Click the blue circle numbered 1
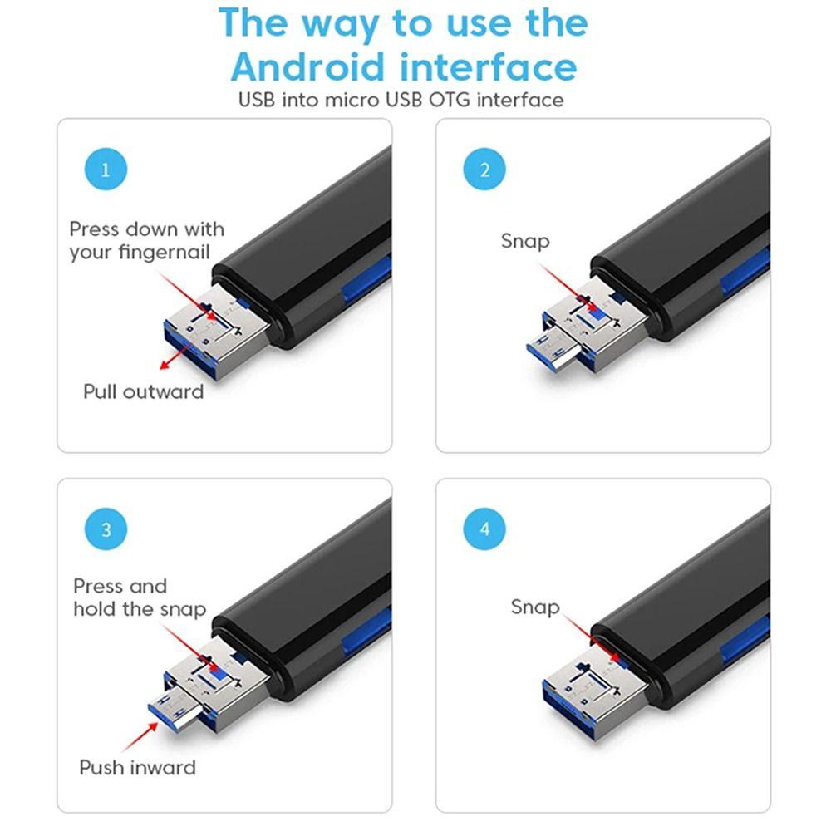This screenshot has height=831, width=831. (106, 170)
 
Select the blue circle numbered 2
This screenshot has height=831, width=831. (484, 170)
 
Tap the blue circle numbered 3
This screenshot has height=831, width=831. (106, 529)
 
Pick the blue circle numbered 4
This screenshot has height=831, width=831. (484, 529)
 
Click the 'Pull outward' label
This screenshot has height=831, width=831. (143, 391)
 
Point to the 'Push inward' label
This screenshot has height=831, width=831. (137, 767)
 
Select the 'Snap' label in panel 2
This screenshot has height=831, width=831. (525, 241)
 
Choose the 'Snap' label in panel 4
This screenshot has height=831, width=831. (534, 607)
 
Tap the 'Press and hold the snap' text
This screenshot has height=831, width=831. (139, 597)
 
